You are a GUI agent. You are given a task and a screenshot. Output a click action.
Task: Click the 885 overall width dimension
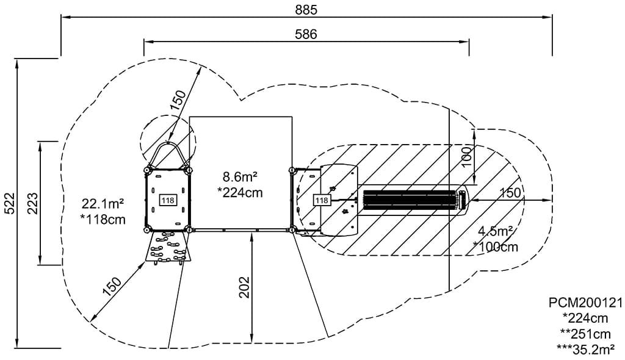(x=306, y=9)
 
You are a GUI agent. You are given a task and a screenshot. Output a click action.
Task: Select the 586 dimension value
(x=306, y=34)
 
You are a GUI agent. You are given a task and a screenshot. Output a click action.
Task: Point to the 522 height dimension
(x=9, y=203)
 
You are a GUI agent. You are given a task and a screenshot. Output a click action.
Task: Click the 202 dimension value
(x=244, y=287)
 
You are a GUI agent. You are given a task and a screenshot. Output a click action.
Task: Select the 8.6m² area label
(x=239, y=176)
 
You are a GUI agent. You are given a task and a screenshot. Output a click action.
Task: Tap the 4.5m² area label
(x=496, y=231)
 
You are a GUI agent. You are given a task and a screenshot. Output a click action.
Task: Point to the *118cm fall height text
(x=103, y=219)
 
